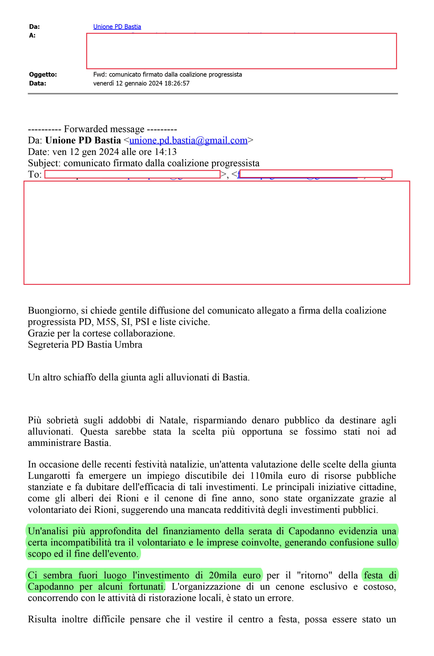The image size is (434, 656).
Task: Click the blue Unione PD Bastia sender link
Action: (x=117, y=27)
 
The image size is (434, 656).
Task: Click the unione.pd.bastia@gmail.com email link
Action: (x=188, y=140)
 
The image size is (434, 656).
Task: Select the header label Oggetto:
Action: (x=43, y=75)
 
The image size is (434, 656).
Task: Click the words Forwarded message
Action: (x=104, y=129)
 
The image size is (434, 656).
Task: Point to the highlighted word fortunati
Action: (x=147, y=587)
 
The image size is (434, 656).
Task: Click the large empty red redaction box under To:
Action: (x=216, y=232)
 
